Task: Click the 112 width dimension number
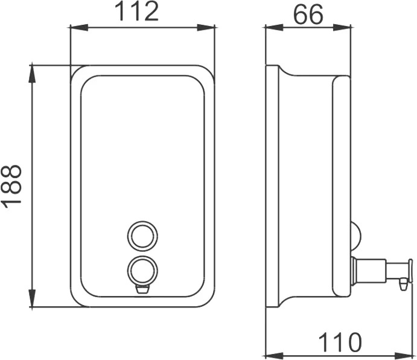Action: coord(137,11)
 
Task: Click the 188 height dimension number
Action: coord(11,184)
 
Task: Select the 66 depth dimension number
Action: coord(308,14)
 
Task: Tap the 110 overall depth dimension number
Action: coord(340,342)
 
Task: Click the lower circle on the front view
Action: coord(142,256)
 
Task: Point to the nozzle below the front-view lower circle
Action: coord(142,289)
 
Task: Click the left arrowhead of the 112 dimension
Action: coord(78,27)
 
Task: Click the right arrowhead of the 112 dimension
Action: coord(206,27)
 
